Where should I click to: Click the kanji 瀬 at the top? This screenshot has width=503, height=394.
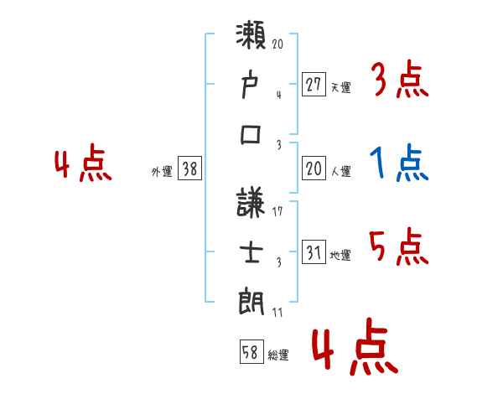coord(251,39)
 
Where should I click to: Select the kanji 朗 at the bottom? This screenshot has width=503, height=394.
coord(251,300)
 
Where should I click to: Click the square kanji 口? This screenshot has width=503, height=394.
coord(251,134)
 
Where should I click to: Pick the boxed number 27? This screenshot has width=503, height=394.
coord(314,85)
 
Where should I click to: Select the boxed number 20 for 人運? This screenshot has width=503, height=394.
coord(314,168)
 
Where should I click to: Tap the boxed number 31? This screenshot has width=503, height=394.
coord(314,252)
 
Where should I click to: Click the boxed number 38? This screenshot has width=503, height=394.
coord(189,168)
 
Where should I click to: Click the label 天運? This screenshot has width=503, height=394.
coord(340,86)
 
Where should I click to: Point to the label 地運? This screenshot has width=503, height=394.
coord(340,255)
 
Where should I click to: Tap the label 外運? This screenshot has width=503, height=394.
coord(162,171)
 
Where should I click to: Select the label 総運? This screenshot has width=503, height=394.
coord(278,355)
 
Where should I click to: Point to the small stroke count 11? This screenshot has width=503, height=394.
coord(277,314)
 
